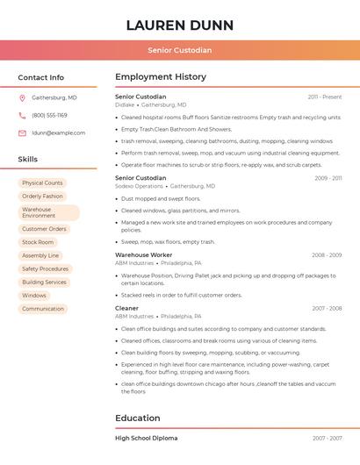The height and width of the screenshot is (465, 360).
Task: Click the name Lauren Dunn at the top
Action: click(x=179, y=25)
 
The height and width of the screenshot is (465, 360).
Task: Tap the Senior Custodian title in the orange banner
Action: click(x=179, y=50)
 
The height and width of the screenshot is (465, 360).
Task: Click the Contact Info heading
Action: click(x=40, y=77)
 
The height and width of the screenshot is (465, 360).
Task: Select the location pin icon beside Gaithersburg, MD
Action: click(x=22, y=98)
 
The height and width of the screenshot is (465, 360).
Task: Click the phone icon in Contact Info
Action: click(x=22, y=116)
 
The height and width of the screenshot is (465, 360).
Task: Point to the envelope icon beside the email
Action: click(x=22, y=133)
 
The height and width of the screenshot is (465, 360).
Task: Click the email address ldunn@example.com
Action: click(x=58, y=133)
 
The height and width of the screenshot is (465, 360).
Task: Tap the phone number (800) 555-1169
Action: click(x=49, y=116)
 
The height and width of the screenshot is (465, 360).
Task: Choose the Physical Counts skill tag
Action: click(x=42, y=183)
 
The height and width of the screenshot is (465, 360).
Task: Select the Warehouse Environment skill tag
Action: click(x=49, y=213)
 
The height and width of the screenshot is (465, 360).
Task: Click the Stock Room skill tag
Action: click(x=38, y=242)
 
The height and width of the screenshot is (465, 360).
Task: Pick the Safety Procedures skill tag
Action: click(x=45, y=268)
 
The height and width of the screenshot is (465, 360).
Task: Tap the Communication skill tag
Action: click(x=43, y=309)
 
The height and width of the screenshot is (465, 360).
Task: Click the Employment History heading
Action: click(x=160, y=77)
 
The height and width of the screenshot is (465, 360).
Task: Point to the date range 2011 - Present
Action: click(x=324, y=97)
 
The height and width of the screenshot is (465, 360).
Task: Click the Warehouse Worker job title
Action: click(x=143, y=254)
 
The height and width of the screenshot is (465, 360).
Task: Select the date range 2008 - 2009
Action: click(x=326, y=255)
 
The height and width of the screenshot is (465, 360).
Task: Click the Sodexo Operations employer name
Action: click(x=139, y=186)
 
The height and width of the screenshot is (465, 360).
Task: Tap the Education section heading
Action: click(x=137, y=418)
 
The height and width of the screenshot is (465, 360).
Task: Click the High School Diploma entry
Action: click(x=146, y=438)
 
